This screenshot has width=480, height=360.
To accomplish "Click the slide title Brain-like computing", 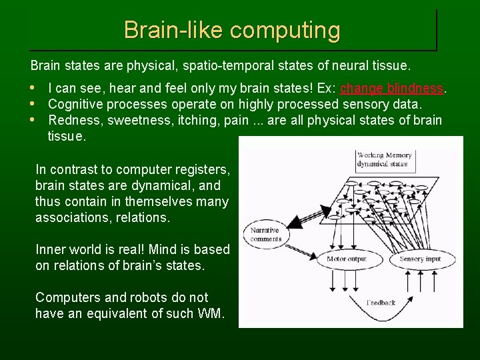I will coord(231,30).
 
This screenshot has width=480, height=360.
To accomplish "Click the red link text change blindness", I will coord(391,89).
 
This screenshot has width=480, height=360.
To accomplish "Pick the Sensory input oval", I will coord(420,259).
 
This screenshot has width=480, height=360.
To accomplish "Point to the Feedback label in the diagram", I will coord(381,303).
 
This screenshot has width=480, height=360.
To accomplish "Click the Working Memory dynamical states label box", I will coord(385,159).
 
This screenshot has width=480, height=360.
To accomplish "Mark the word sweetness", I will coord(135,120).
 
